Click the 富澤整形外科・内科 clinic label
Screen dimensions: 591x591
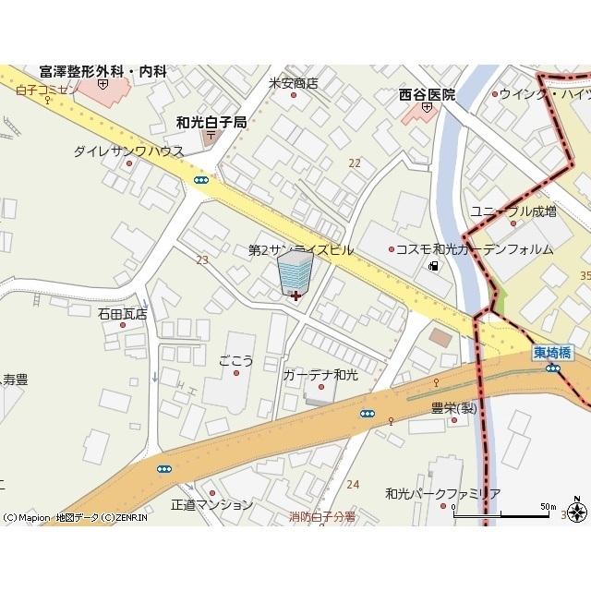point(103,71)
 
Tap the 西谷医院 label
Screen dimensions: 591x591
point(427,94)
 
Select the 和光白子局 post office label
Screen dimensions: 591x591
point(211,122)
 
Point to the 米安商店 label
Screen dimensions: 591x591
point(293,82)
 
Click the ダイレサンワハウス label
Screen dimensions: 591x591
point(128,151)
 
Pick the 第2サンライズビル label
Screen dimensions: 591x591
point(301,250)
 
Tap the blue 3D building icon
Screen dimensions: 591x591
point(295,273)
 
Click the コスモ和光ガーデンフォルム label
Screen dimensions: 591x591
point(474,249)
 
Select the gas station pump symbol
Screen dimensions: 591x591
point(432,267)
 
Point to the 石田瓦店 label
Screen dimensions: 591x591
point(123,314)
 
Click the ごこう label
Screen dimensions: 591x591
point(235,360)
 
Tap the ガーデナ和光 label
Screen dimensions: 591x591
point(320,375)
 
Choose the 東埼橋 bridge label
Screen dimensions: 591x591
point(552,352)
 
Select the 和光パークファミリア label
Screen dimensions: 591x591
point(442,494)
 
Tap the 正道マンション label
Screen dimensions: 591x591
point(211,505)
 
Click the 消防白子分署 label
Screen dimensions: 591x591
point(321,517)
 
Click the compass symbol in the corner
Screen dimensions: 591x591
point(578,513)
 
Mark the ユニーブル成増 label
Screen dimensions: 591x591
point(513,211)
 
